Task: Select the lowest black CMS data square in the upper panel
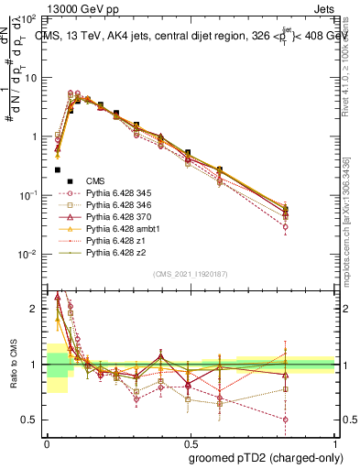(x=58, y=169)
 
